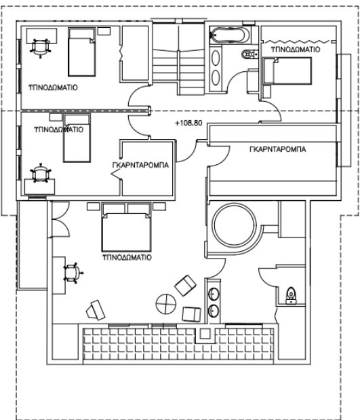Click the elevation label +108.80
[188, 123]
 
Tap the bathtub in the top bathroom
[230, 35]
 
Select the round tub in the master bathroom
[234, 225]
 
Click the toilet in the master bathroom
[291, 295]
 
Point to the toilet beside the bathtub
[249, 54]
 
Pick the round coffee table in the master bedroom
[166, 304]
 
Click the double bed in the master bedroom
[126, 227]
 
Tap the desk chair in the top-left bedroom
[41, 47]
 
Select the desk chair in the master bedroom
[73, 273]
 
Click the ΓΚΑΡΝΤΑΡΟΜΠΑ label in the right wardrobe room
[277, 149]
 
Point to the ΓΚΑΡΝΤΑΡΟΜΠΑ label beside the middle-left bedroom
[140, 165]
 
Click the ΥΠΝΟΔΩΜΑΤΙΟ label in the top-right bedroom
[296, 50]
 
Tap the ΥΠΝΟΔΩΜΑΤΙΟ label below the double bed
[127, 257]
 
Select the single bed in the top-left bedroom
[82, 52]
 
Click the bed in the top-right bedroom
[287, 71]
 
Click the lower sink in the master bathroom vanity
[214, 311]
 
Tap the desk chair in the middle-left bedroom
[41, 173]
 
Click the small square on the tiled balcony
[205, 334]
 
